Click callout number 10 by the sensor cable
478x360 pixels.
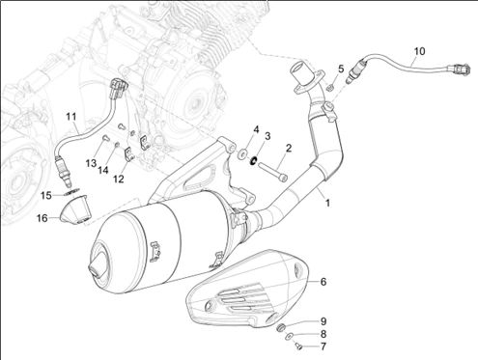419,51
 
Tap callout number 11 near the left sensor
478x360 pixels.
71,116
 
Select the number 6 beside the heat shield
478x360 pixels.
323,282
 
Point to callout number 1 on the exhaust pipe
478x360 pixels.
327,203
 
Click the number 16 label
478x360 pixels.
42,218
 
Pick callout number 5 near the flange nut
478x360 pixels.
341,69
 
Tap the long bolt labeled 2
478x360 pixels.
272,172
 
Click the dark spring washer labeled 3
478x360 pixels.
254,160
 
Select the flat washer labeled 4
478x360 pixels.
242,153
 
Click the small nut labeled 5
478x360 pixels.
329,87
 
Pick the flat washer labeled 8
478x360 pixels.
290,337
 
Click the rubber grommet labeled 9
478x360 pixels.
281,328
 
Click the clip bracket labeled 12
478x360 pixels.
129,153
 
